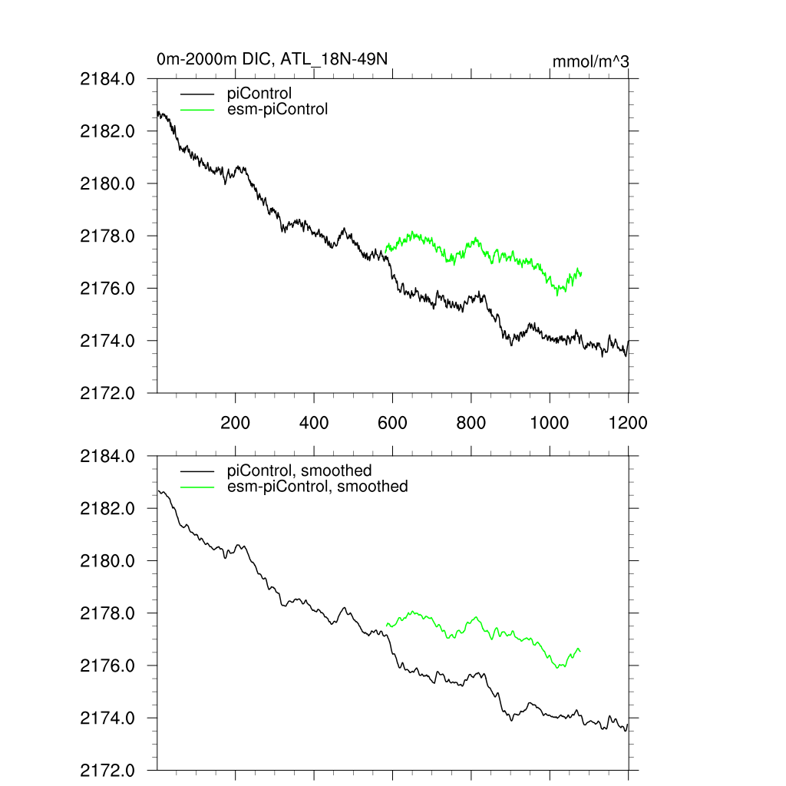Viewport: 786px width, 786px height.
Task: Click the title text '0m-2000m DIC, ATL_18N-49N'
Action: coord(277,58)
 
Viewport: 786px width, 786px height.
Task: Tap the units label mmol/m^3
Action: coord(591,61)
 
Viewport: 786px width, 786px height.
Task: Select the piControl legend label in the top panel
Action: coord(259,94)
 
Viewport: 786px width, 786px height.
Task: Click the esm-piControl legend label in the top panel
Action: coord(278,109)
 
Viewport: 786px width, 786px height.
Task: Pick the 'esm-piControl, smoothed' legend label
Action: coord(318,486)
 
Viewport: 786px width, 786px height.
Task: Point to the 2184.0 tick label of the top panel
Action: coord(107,78)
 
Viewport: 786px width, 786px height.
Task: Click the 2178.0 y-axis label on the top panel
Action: coord(107,236)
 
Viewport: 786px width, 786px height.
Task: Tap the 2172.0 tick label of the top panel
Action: coord(107,393)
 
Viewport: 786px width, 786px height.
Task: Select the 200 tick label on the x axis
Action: coord(235,422)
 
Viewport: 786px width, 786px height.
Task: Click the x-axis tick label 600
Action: coord(392,422)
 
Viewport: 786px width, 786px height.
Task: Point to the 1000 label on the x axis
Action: coord(550,422)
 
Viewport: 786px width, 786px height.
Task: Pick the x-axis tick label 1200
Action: coord(628,422)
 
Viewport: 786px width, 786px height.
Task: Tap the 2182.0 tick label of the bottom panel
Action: coord(107,508)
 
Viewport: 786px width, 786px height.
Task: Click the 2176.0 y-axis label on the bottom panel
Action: coord(107,665)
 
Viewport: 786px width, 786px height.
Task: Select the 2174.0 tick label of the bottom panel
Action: coord(107,718)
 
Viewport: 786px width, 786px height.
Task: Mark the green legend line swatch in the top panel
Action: coord(197,109)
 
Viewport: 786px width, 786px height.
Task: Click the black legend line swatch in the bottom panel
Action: coord(197,471)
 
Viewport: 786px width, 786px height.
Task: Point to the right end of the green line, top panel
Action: coord(582,274)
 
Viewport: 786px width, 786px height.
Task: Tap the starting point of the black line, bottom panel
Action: coord(157,490)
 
